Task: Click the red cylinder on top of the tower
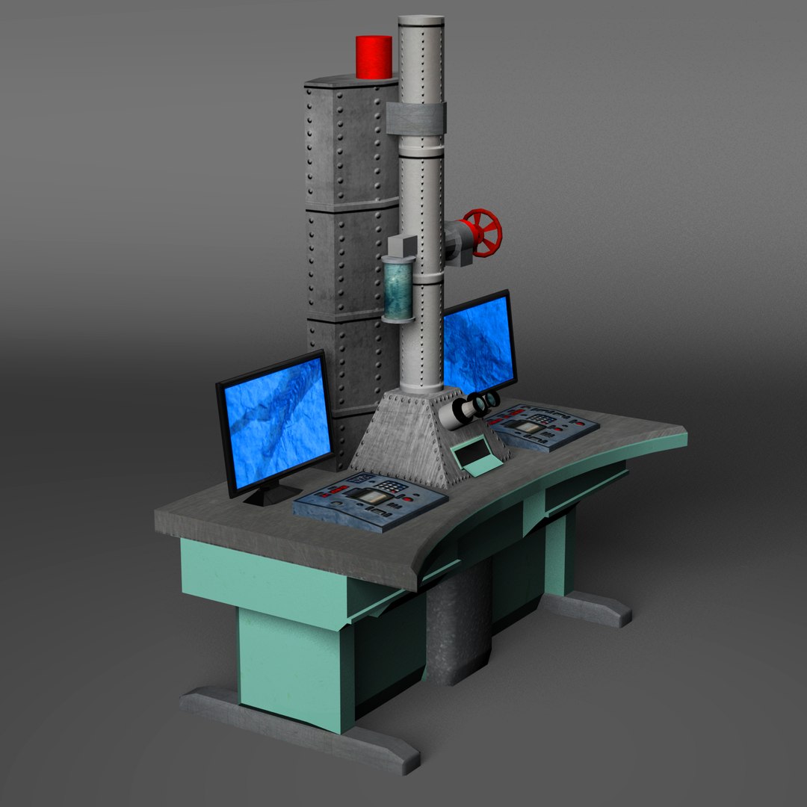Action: [374, 57]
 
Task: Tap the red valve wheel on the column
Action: [481, 232]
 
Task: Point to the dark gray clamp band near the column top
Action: [416, 118]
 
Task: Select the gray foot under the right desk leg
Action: [590, 607]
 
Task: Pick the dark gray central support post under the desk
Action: [457, 628]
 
